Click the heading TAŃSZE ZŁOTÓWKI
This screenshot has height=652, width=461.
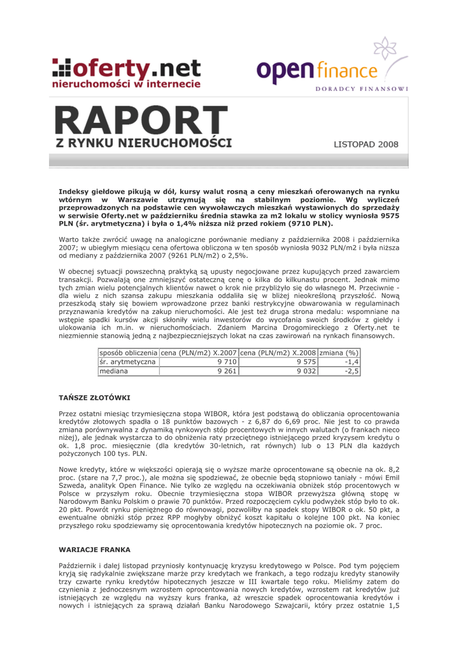(x=94, y=397)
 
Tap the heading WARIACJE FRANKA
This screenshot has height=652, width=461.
(x=94, y=549)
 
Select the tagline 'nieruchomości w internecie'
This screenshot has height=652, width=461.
(x=127, y=83)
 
